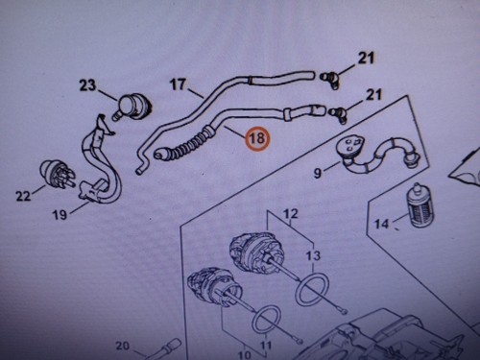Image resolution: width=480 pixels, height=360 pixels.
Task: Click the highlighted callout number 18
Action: tap(257, 138)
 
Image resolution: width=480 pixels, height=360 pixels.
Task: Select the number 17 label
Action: tap(178, 84)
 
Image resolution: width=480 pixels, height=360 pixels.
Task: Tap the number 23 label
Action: tap(87, 85)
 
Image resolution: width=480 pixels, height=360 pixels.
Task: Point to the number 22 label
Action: tap(23, 196)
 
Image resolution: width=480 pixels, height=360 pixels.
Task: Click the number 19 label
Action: tap(60, 215)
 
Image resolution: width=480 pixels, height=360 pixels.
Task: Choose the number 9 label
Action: tap(317, 173)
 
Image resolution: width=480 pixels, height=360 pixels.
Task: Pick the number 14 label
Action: tap(381, 224)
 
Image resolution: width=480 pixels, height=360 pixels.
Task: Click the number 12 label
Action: tap(291, 213)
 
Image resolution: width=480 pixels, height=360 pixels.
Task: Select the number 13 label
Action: tap(313, 255)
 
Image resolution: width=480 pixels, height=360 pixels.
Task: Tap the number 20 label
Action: tap(122, 346)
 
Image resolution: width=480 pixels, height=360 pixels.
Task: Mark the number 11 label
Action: tap(266, 346)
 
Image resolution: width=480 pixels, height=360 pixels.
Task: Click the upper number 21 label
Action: tap(366, 59)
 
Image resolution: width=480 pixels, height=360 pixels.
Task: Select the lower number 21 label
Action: tap(373, 95)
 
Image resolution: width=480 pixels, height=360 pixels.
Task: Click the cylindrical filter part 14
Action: tap(419, 204)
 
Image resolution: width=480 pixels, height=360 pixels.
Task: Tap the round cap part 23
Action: tap(133, 105)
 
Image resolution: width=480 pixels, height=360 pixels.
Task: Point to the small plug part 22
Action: tap(57, 174)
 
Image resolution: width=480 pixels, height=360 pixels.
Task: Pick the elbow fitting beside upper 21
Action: tap(329, 80)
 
